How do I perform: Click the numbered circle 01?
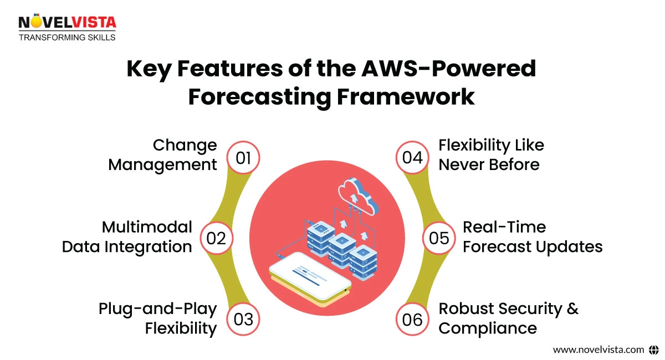pos(243,158)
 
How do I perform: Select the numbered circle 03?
pos(243,320)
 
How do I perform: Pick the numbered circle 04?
pos(412,158)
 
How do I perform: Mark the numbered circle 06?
pos(412,320)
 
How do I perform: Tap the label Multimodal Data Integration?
pos(127,236)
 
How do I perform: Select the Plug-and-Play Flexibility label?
pos(158,318)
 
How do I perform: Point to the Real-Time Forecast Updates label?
pos(532,236)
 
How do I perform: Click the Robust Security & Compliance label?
pos(508,318)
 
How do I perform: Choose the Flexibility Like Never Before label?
pos(491,155)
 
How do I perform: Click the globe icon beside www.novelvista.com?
pos(653,349)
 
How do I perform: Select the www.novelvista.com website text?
pos(598,349)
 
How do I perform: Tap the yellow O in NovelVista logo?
pos(37,22)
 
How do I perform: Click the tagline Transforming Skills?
pos(67,37)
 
